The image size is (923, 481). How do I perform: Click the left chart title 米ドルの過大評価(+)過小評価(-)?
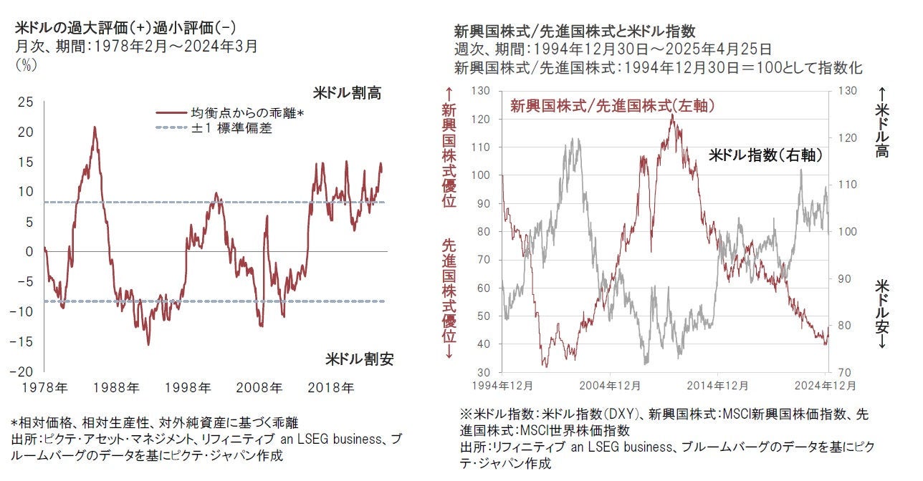point(125,28)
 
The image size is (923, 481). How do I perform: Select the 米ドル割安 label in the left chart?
point(360,359)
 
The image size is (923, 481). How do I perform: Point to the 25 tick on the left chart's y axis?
point(25,102)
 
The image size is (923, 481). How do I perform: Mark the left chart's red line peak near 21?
point(95,127)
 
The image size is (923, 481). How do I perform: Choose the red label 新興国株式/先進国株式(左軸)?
point(613,106)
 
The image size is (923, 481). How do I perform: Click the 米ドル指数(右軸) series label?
point(765,155)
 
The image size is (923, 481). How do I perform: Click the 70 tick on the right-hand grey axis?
point(846,372)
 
